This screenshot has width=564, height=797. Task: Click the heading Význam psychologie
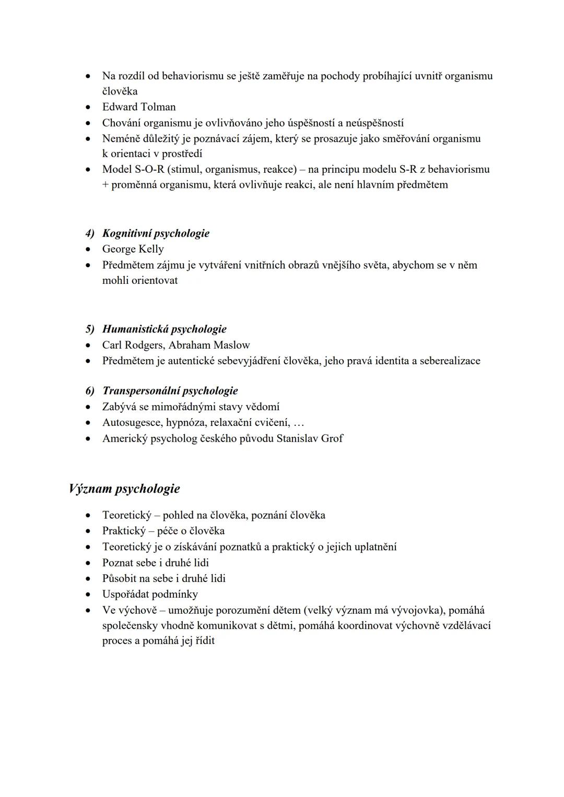124,489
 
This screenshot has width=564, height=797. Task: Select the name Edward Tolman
139,107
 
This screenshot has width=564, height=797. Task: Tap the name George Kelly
133,249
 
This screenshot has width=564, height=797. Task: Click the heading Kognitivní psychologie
156,233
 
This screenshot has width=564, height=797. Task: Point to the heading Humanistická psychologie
164,329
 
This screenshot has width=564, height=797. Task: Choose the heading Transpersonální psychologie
170,391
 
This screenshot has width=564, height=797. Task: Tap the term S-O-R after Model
149,169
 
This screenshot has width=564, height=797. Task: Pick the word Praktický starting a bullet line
123,531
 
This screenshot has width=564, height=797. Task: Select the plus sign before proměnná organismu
105,185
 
